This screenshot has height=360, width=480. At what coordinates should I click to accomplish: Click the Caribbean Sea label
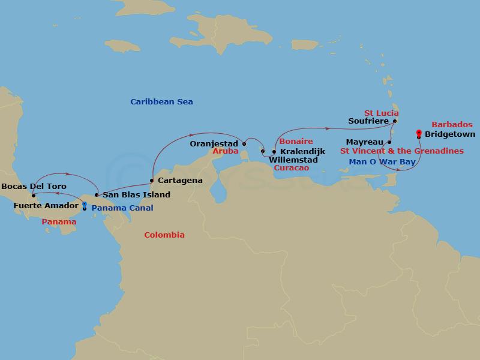[161, 102]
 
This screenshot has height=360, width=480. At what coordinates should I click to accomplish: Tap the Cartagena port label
[179, 180]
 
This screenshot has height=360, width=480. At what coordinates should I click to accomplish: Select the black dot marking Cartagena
[152, 180]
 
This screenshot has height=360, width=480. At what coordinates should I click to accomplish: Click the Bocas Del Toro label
[34, 187]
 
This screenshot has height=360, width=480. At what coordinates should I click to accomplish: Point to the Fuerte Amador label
[46, 206]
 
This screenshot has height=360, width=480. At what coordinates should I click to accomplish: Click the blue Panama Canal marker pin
[84, 206]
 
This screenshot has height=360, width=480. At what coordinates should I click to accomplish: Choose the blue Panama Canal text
[122, 208]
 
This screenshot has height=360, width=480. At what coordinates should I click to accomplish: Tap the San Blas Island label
[136, 194]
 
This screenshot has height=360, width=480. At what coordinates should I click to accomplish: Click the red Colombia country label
[164, 235]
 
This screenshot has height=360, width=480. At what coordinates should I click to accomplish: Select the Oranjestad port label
[214, 144]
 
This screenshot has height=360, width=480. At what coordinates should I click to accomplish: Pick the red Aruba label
[226, 153]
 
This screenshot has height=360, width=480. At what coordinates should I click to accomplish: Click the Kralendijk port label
[302, 152]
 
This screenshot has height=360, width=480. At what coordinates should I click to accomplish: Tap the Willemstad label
[294, 160]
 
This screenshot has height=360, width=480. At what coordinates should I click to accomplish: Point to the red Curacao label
[291, 169]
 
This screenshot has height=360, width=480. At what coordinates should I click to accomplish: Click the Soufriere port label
[368, 121]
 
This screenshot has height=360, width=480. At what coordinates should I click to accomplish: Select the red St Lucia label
[381, 113]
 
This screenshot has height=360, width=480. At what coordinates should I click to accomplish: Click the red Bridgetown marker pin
[418, 133]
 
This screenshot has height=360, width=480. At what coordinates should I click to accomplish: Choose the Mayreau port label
[365, 143]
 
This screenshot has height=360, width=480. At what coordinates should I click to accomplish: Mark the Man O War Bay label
[382, 162]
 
